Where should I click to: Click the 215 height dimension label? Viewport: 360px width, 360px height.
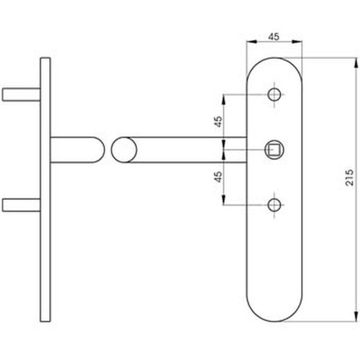[x=350, y=177]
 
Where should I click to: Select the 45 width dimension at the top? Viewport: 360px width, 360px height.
[x=274, y=37]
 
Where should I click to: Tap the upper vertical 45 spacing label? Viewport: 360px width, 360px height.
[x=218, y=122]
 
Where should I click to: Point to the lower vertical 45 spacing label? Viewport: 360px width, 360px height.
[x=218, y=177]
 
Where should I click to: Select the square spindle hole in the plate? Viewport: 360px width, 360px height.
[x=274, y=150]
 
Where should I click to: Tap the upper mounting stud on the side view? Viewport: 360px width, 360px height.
[x=21, y=95]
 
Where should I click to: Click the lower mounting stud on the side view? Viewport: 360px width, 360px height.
[x=21, y=205]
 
